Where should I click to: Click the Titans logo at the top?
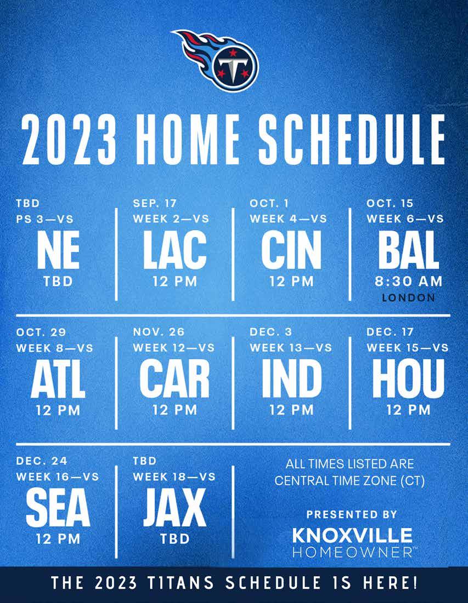click(217, 60)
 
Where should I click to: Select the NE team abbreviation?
click(58, 250)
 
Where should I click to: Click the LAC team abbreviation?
click(175, 250)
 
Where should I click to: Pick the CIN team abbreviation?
click(291, 250)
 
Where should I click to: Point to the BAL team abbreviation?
click(408, 250)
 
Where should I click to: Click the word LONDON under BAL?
click(408, 297)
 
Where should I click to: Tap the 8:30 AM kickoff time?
click(408, 282)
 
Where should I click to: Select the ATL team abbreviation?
click(58, 379)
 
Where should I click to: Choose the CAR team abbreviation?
click(174, 379)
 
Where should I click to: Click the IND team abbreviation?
click(291, 379)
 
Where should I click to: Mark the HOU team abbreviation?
click(408, 379)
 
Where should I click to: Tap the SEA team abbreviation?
click(58, 508)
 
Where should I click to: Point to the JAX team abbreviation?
click(174, 508)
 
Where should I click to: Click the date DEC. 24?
click(42, 461)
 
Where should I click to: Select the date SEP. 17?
click(155, 203)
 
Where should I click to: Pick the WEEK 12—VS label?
click(174, 348)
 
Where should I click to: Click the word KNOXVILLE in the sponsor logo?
click(352, 535)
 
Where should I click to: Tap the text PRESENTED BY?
click(352, 514)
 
